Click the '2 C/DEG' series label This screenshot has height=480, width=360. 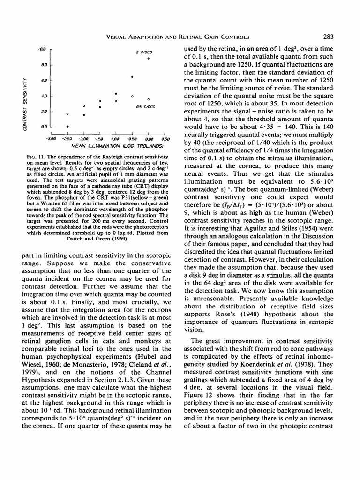point(142,52)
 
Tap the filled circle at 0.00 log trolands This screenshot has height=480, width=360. point(148,59)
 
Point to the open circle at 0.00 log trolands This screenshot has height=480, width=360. point(148,99)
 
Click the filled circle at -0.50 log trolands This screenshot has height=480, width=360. point(132,76)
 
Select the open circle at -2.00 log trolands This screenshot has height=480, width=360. point(83,106)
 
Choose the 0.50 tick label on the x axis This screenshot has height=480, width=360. point(164,139)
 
